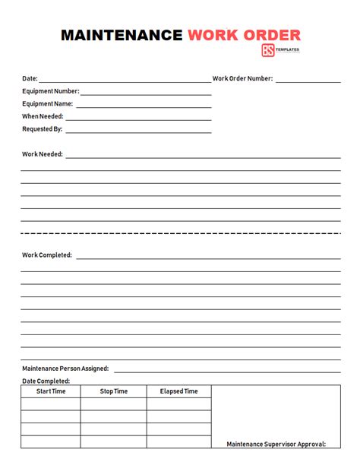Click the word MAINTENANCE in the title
122,35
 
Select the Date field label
30,78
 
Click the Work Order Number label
242,78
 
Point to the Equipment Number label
49,91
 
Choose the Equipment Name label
47,104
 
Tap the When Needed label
43,116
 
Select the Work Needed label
43,154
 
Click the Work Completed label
47,255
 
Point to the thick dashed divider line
180,233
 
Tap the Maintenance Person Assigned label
65,369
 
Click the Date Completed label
46,381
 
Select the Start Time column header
51,391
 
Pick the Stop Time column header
114,391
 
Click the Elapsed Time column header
178,391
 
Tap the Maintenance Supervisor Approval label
276,444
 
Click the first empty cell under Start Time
51,404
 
